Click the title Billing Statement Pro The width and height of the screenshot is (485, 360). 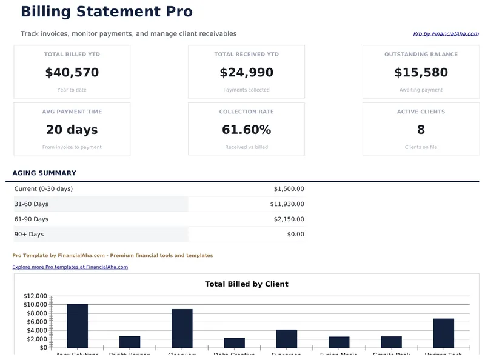(x=107, y=12)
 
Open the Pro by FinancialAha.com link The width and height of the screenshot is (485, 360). (x=446, y=34)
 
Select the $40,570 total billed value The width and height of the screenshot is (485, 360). (x=72, y=73)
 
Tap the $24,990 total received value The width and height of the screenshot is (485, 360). (x=246, y=73)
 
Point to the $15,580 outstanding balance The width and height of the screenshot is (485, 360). (x=421, y=73)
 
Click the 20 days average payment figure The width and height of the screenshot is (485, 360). (x=72, y=130)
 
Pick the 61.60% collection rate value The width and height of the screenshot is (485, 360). (x=246, y=130)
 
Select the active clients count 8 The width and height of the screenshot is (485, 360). (x=421, y=130)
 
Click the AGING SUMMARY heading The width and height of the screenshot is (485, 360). (x=44, y=173)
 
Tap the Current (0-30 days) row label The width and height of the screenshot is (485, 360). (x=44, y=189)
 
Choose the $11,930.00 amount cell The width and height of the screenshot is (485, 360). (x=287, y=204)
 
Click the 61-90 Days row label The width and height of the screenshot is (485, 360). (x=32, y=219)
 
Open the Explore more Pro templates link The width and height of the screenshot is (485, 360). (x=70, y=267)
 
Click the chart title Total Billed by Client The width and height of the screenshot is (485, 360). (x=246, y=284)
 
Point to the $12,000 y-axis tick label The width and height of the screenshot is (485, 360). (x=35, y=296)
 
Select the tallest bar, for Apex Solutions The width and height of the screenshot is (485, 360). (x=78, y=326)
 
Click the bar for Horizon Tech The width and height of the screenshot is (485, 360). (x=443, y=333)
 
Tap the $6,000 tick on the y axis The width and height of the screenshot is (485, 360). (x=37, y=322)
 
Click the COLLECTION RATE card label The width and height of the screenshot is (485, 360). (x=246, y=112)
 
